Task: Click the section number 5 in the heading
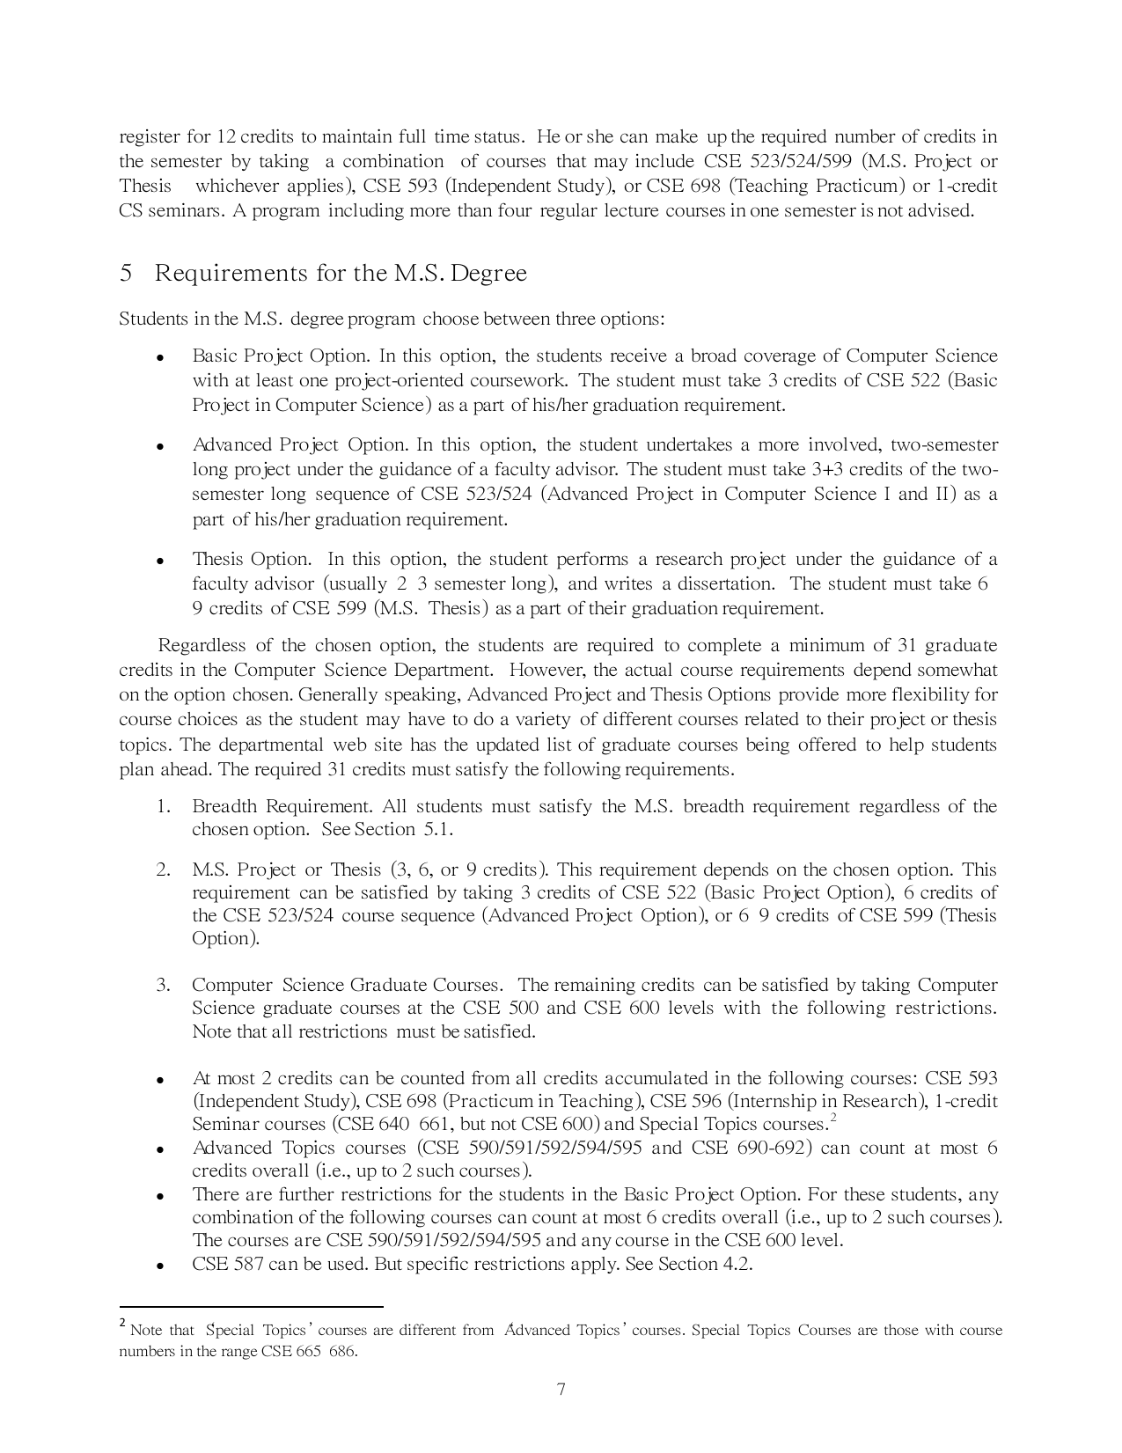click(126, 274)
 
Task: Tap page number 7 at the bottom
click(561, 1390)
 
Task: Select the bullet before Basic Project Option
click(160, 358)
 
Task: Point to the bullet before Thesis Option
click(160, 561)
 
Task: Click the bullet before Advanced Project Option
click(160, 447)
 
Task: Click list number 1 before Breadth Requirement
click(164, 807)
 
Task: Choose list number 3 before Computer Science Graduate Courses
click(164, 986)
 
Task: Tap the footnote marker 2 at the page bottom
click(122, 1324)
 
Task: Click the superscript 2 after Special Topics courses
click(832, 1118)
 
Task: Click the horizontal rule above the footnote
click(251, 1308)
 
